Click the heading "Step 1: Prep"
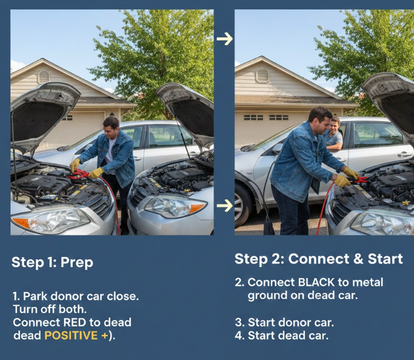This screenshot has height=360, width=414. (52, 262)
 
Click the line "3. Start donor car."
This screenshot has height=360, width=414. (284, 323)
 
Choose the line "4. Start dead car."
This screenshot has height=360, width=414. (282, 336)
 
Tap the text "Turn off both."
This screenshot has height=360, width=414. (50, 309)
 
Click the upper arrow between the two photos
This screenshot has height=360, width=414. (224, 39)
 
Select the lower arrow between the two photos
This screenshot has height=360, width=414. (224, 206)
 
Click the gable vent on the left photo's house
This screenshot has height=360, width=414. (44, 77)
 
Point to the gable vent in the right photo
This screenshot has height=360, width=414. (263, 76)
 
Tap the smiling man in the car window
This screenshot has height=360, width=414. (333, 134)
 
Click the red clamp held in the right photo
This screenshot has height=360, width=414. (358, 180)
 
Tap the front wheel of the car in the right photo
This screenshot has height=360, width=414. (241, 205)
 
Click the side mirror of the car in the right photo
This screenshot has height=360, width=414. (277, 149)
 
